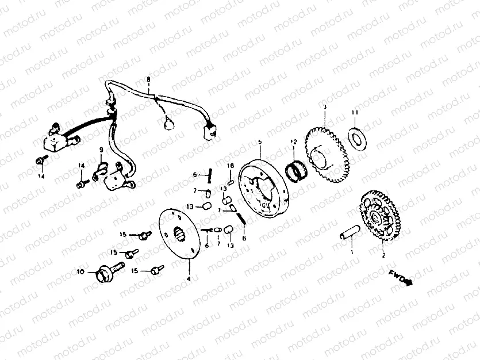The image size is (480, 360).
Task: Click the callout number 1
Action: click(x=352, y=251)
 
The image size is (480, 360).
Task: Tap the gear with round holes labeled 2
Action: click(x=377, y=217)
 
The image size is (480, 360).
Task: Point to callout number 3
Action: click(x=324, y=107)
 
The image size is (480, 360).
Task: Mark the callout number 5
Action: click(x=259, y=141)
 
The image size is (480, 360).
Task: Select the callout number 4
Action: click(x=188, y=279)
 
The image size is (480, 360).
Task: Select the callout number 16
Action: click(x=231, y=166)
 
